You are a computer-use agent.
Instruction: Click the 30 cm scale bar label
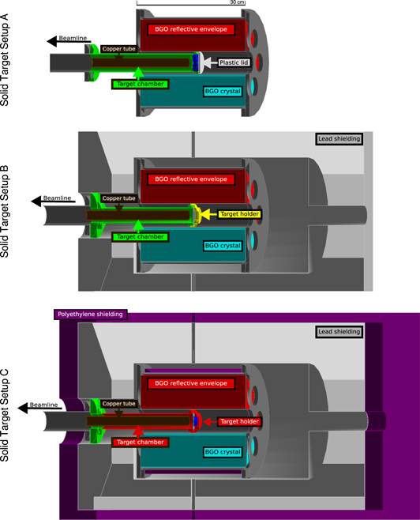[237, 3]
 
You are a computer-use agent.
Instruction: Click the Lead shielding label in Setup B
[338, 139]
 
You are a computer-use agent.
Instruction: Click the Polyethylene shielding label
[90, 314]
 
